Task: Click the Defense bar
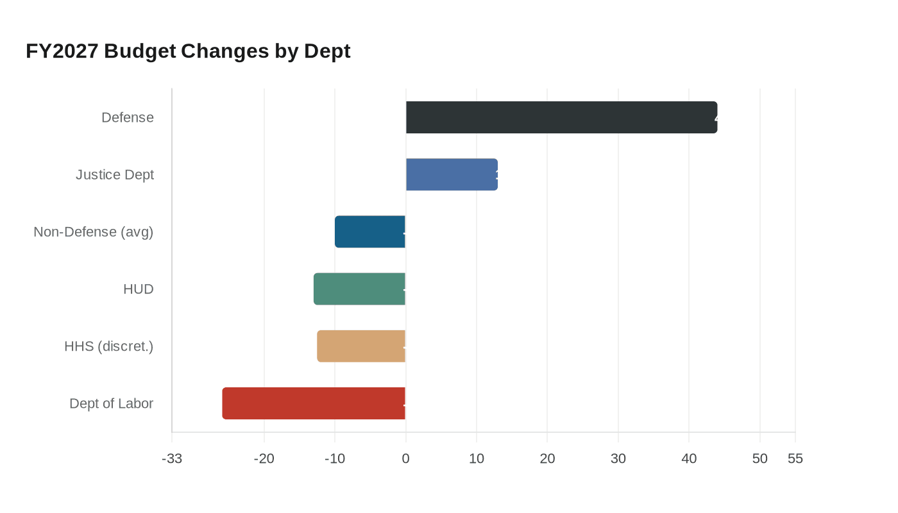point(561,117)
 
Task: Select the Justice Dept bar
point(452,174)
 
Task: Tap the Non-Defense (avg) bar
point(370,231)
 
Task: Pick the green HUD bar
point(359,289)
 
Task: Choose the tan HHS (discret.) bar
point(361,346)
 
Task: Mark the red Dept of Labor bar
point(314,403)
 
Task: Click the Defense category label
point(128,117)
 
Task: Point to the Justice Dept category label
point(115,174)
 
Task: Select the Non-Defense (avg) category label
point(94,231)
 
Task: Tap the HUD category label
point(139,289)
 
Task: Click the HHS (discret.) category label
point(109,346)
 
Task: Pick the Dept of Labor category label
point(112,403)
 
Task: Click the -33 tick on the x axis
point(172,458)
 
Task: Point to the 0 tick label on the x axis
point(405,458)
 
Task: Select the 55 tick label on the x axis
point(795,458)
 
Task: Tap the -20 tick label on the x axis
point(264,458)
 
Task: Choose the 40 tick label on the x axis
point(689,458)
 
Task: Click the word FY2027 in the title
point(62,51)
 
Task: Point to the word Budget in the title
point(140,51)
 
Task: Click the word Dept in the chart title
point(327,51)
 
